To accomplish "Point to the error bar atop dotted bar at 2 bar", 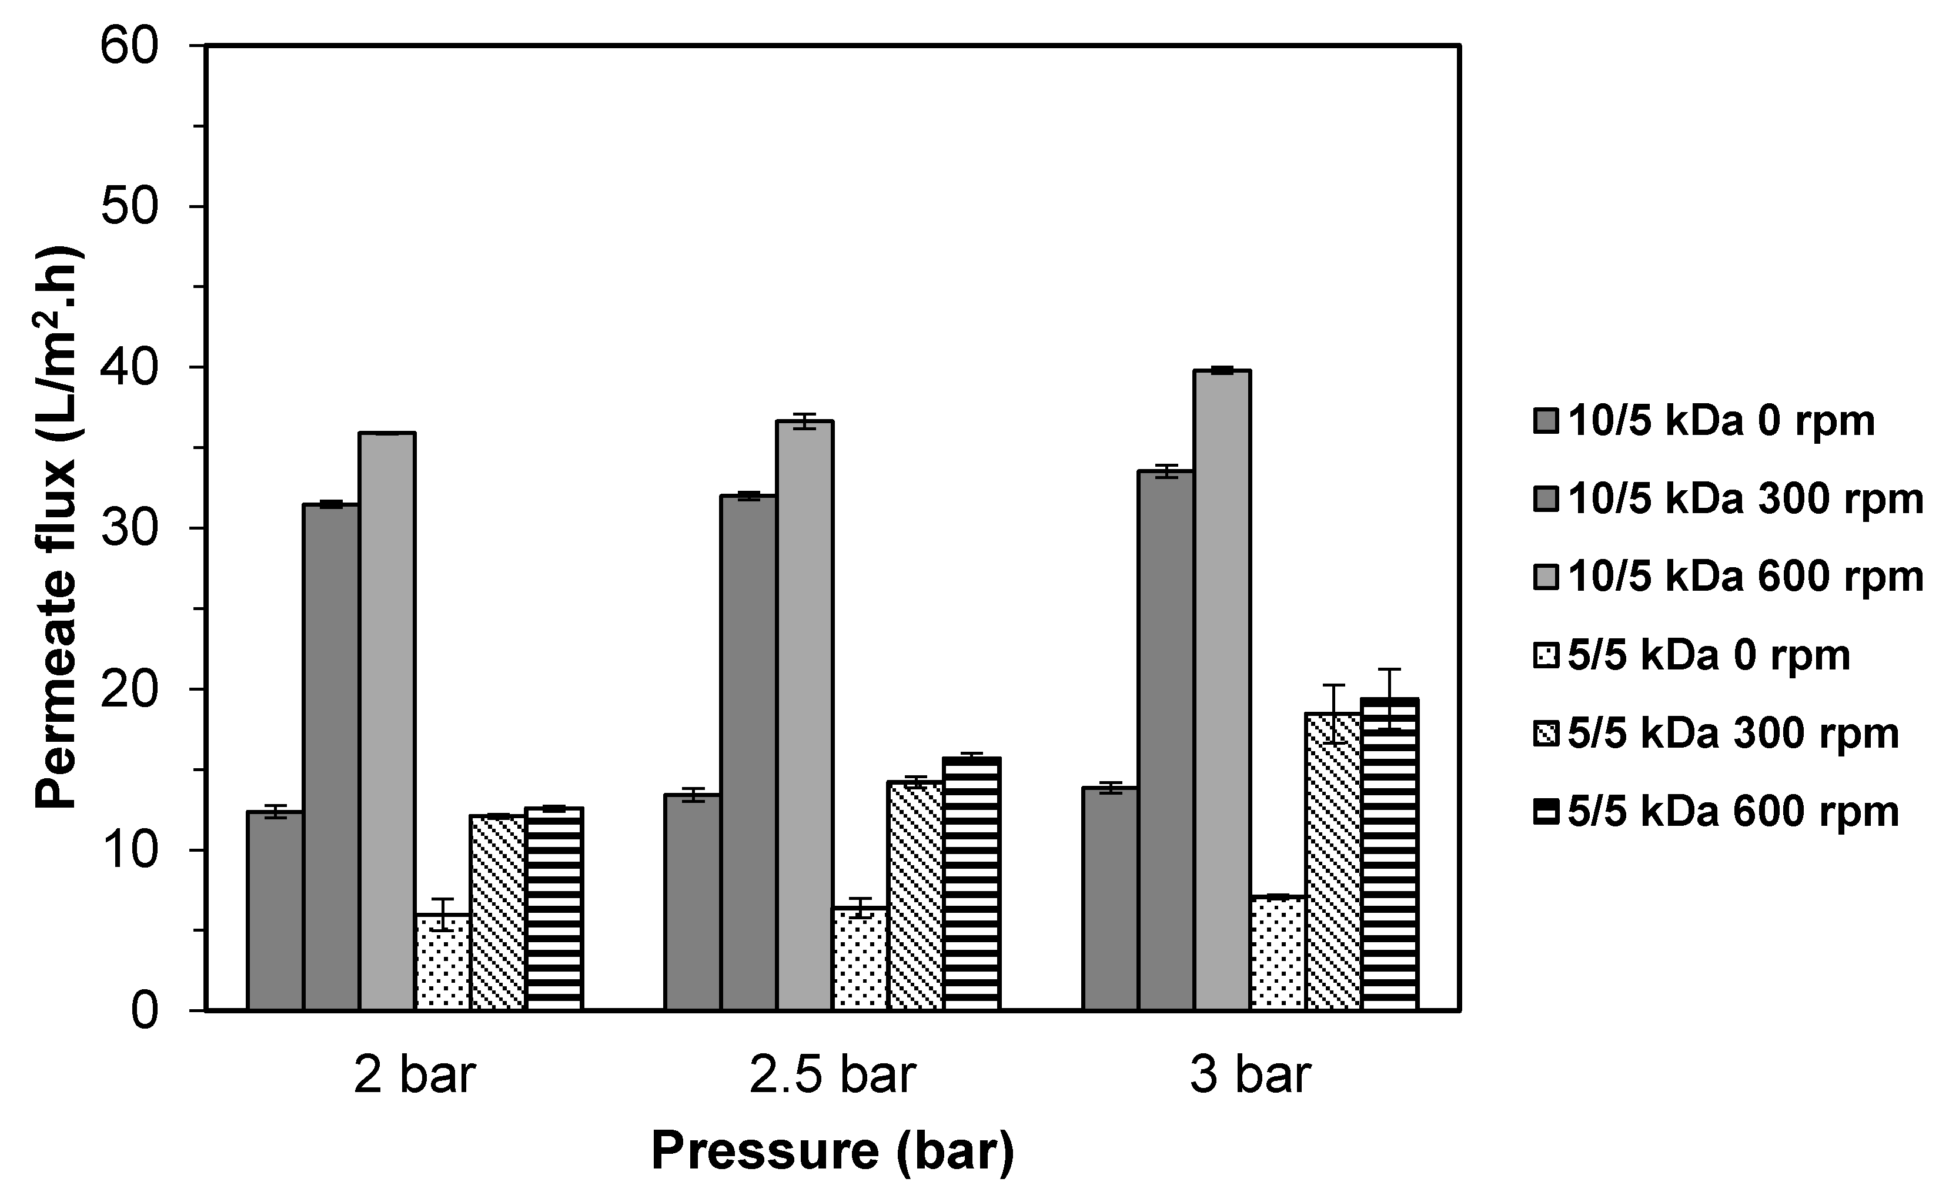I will pyautogui.click(x=442, y=914).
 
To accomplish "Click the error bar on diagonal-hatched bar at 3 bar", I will pyautogui.click(x=1333, y=714).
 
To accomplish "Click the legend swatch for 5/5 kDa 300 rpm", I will pyautogui.click(x=1546, y=734).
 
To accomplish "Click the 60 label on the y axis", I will pyautogui.click(x=130, y=46).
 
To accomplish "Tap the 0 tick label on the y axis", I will pyautogui.click(x=144, y=1011).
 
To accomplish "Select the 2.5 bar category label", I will pyautogui.click(x=832, y=1075).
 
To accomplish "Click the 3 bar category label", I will pyautogui.click(x=1250, y=1075).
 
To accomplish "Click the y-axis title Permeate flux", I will pyautogui.click(x=57, y=528).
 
